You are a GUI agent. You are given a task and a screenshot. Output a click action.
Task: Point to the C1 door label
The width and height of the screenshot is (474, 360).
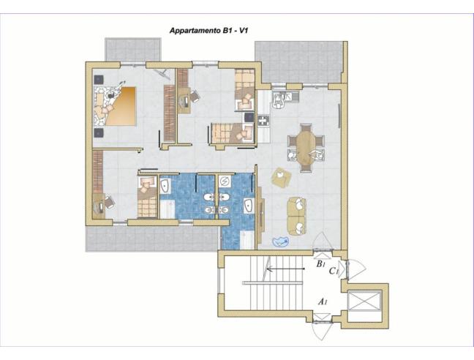[x=334, y=271]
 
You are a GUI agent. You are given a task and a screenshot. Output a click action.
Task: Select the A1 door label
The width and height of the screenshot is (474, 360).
[x=321, y=301]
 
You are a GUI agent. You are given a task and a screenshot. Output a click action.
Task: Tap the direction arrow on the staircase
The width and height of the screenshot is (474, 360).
[x=285, y=269]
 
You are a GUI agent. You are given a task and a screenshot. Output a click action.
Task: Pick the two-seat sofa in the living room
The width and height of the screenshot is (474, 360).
[x=296, y=216]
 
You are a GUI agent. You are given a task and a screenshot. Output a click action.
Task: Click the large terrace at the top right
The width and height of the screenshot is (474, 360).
[x=298, y=61]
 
